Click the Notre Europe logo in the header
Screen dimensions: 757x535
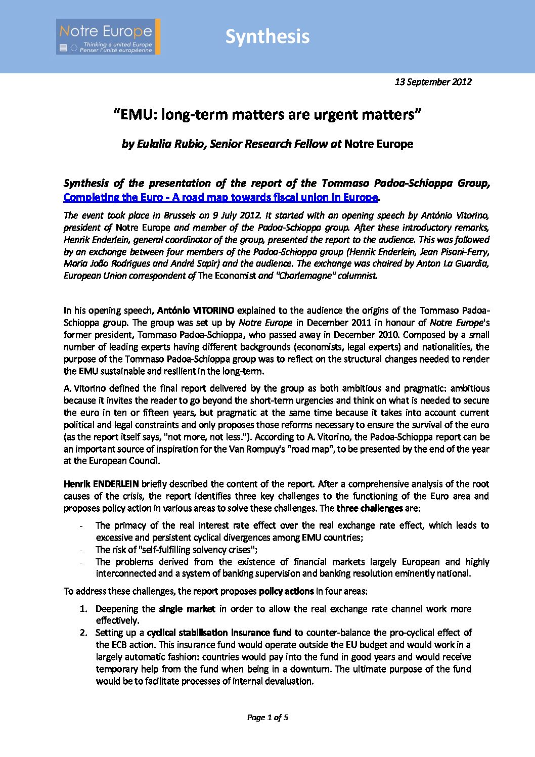point(108,36)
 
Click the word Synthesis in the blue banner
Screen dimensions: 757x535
point(267,36)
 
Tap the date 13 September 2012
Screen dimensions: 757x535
point(433,82)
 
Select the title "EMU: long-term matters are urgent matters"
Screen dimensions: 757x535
point(267,115)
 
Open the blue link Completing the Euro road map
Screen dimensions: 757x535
point(220,197)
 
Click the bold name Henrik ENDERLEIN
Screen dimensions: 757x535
point(101,484)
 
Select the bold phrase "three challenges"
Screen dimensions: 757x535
point(370,508)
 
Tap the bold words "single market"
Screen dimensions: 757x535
point(187,609)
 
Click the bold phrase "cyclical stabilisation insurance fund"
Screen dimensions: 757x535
point(219,633)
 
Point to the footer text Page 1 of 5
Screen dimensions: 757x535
point(267,717)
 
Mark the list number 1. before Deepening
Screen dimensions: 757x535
point(83,609)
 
